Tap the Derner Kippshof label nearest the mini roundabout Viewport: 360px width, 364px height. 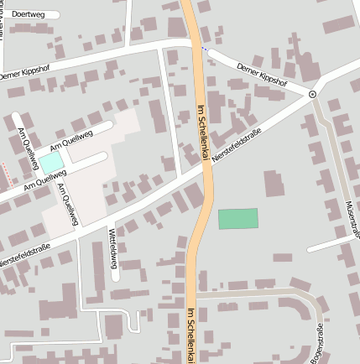tap(262, 75)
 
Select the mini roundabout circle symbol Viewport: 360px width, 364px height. tap(312, 95)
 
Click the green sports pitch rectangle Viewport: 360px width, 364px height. tap(237, 218)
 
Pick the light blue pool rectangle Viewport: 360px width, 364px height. tap(50, 161)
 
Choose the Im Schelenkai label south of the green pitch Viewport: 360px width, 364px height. tap(191, 334)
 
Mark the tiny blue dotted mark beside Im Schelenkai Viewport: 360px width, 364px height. tap(203, 48)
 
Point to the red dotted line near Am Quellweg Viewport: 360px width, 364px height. tap(8, 174)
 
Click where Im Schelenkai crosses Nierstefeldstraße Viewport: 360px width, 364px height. tap(205, 168)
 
